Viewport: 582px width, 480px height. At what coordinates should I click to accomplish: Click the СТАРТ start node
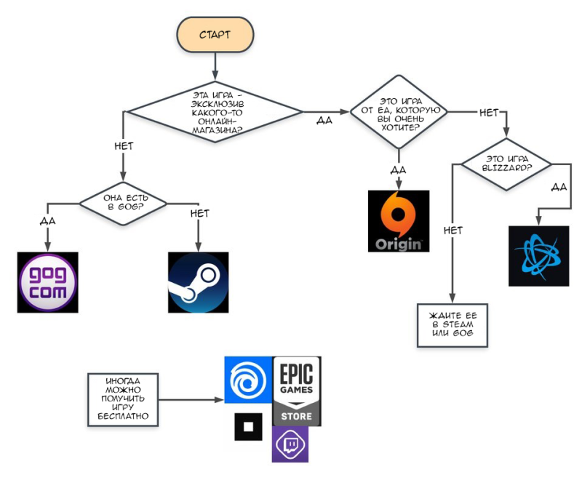point(215,34)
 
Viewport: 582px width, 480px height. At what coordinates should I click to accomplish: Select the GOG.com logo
point(47,282)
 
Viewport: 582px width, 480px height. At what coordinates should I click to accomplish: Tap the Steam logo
point(198,282)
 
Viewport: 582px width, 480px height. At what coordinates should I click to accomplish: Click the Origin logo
point(399,221)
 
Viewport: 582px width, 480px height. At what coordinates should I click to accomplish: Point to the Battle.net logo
point(538,256)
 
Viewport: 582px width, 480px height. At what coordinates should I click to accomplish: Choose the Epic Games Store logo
point(297,391)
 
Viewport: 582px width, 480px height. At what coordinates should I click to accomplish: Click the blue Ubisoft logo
point(248,380)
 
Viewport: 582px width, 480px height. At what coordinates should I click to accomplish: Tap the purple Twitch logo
point(290,444)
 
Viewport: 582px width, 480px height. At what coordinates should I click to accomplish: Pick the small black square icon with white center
point(248,427)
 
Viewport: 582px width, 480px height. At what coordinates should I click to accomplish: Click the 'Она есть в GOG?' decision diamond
point(123,204)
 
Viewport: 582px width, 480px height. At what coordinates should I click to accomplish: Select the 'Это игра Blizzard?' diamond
point(506,164)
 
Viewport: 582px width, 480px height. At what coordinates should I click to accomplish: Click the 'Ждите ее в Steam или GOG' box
point(453,325)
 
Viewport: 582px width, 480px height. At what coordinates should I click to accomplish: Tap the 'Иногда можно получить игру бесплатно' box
point(123,399)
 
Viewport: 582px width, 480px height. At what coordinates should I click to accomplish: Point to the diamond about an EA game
point(399,112)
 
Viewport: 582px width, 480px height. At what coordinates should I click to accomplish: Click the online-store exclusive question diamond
point(215,112)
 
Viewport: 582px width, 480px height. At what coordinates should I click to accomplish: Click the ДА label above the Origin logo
point(398,170)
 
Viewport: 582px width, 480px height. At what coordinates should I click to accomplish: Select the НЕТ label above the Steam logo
point(199,213)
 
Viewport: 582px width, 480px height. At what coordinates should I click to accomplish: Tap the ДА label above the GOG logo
point(47,221)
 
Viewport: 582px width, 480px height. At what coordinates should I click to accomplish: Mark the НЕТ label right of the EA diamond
point(489,113)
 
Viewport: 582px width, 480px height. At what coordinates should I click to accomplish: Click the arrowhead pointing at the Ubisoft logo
point(220,399)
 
